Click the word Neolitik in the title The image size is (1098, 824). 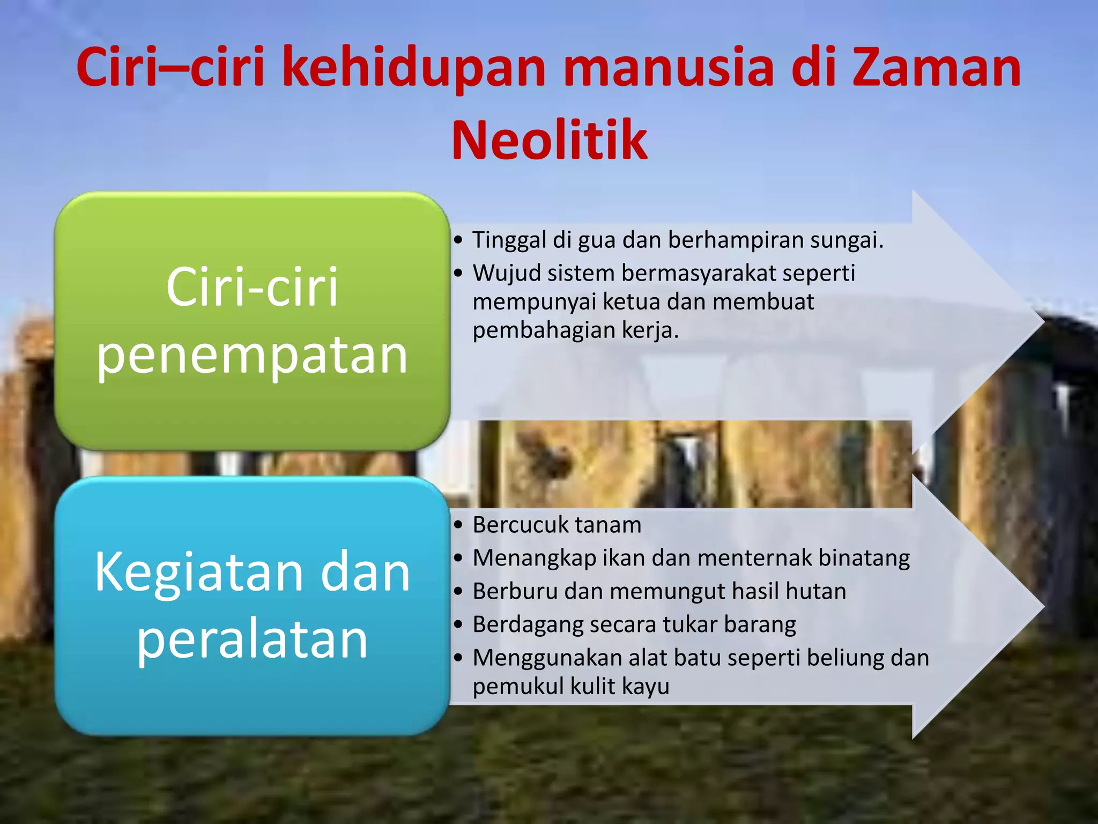click(x=550, y=141)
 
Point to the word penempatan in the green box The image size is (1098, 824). click(x=252, y=355)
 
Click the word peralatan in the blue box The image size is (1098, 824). click(x=252, y=639)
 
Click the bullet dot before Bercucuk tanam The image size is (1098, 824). click(x=458, y=525)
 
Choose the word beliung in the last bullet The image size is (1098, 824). click(x=845, y=658)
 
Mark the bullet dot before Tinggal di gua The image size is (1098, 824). click(x=458, y=240)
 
